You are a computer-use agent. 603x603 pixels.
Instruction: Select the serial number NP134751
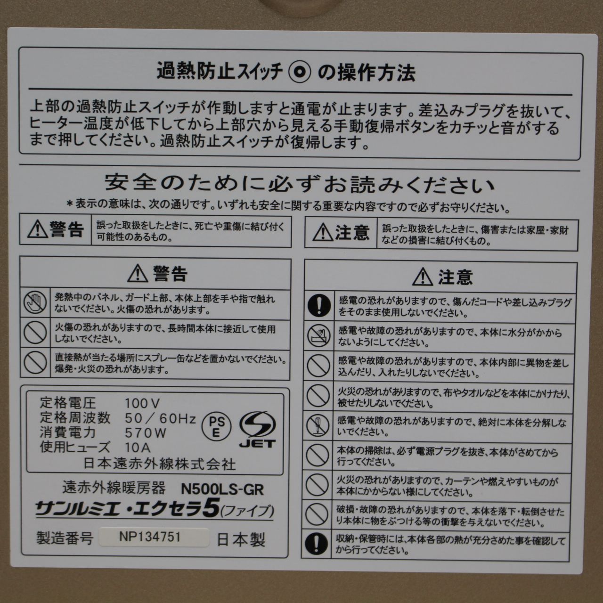150,538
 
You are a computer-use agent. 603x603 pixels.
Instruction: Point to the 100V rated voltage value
143,403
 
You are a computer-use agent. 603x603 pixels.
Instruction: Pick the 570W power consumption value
146,432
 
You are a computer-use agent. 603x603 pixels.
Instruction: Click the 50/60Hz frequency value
161,418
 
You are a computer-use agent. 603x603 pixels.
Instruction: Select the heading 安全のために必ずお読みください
300,183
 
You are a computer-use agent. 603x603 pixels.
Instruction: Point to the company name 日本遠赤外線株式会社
159,464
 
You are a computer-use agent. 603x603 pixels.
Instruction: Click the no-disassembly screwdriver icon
318,425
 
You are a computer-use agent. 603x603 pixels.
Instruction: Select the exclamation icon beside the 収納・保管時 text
318,543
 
